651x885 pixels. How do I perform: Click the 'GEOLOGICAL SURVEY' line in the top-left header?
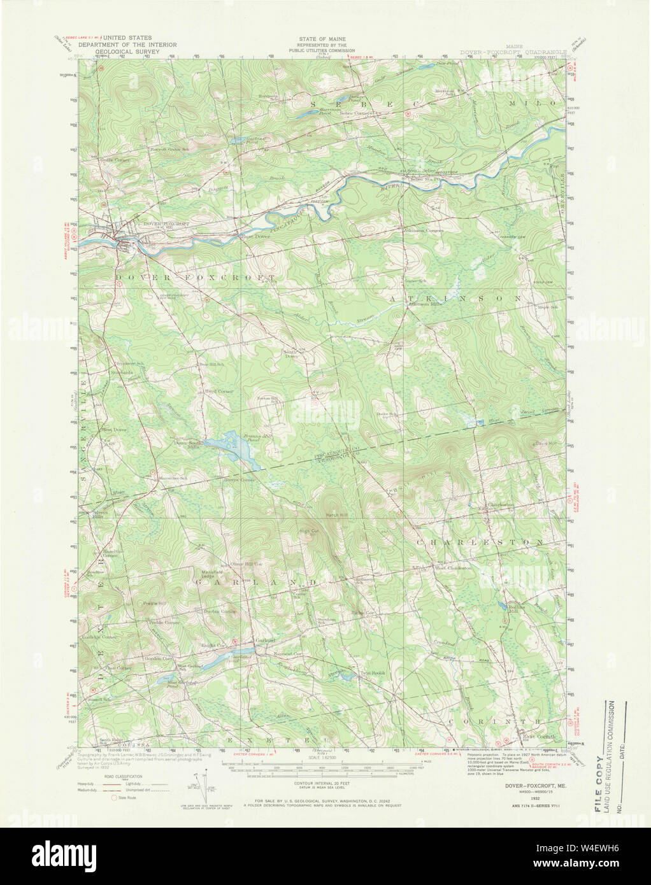[x=127, y=53]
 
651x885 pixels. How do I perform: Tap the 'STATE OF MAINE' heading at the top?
[x=318, y=39]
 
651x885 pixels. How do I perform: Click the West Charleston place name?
[x=452, y=567]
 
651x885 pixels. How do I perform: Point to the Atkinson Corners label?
[x=422, y=230]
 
